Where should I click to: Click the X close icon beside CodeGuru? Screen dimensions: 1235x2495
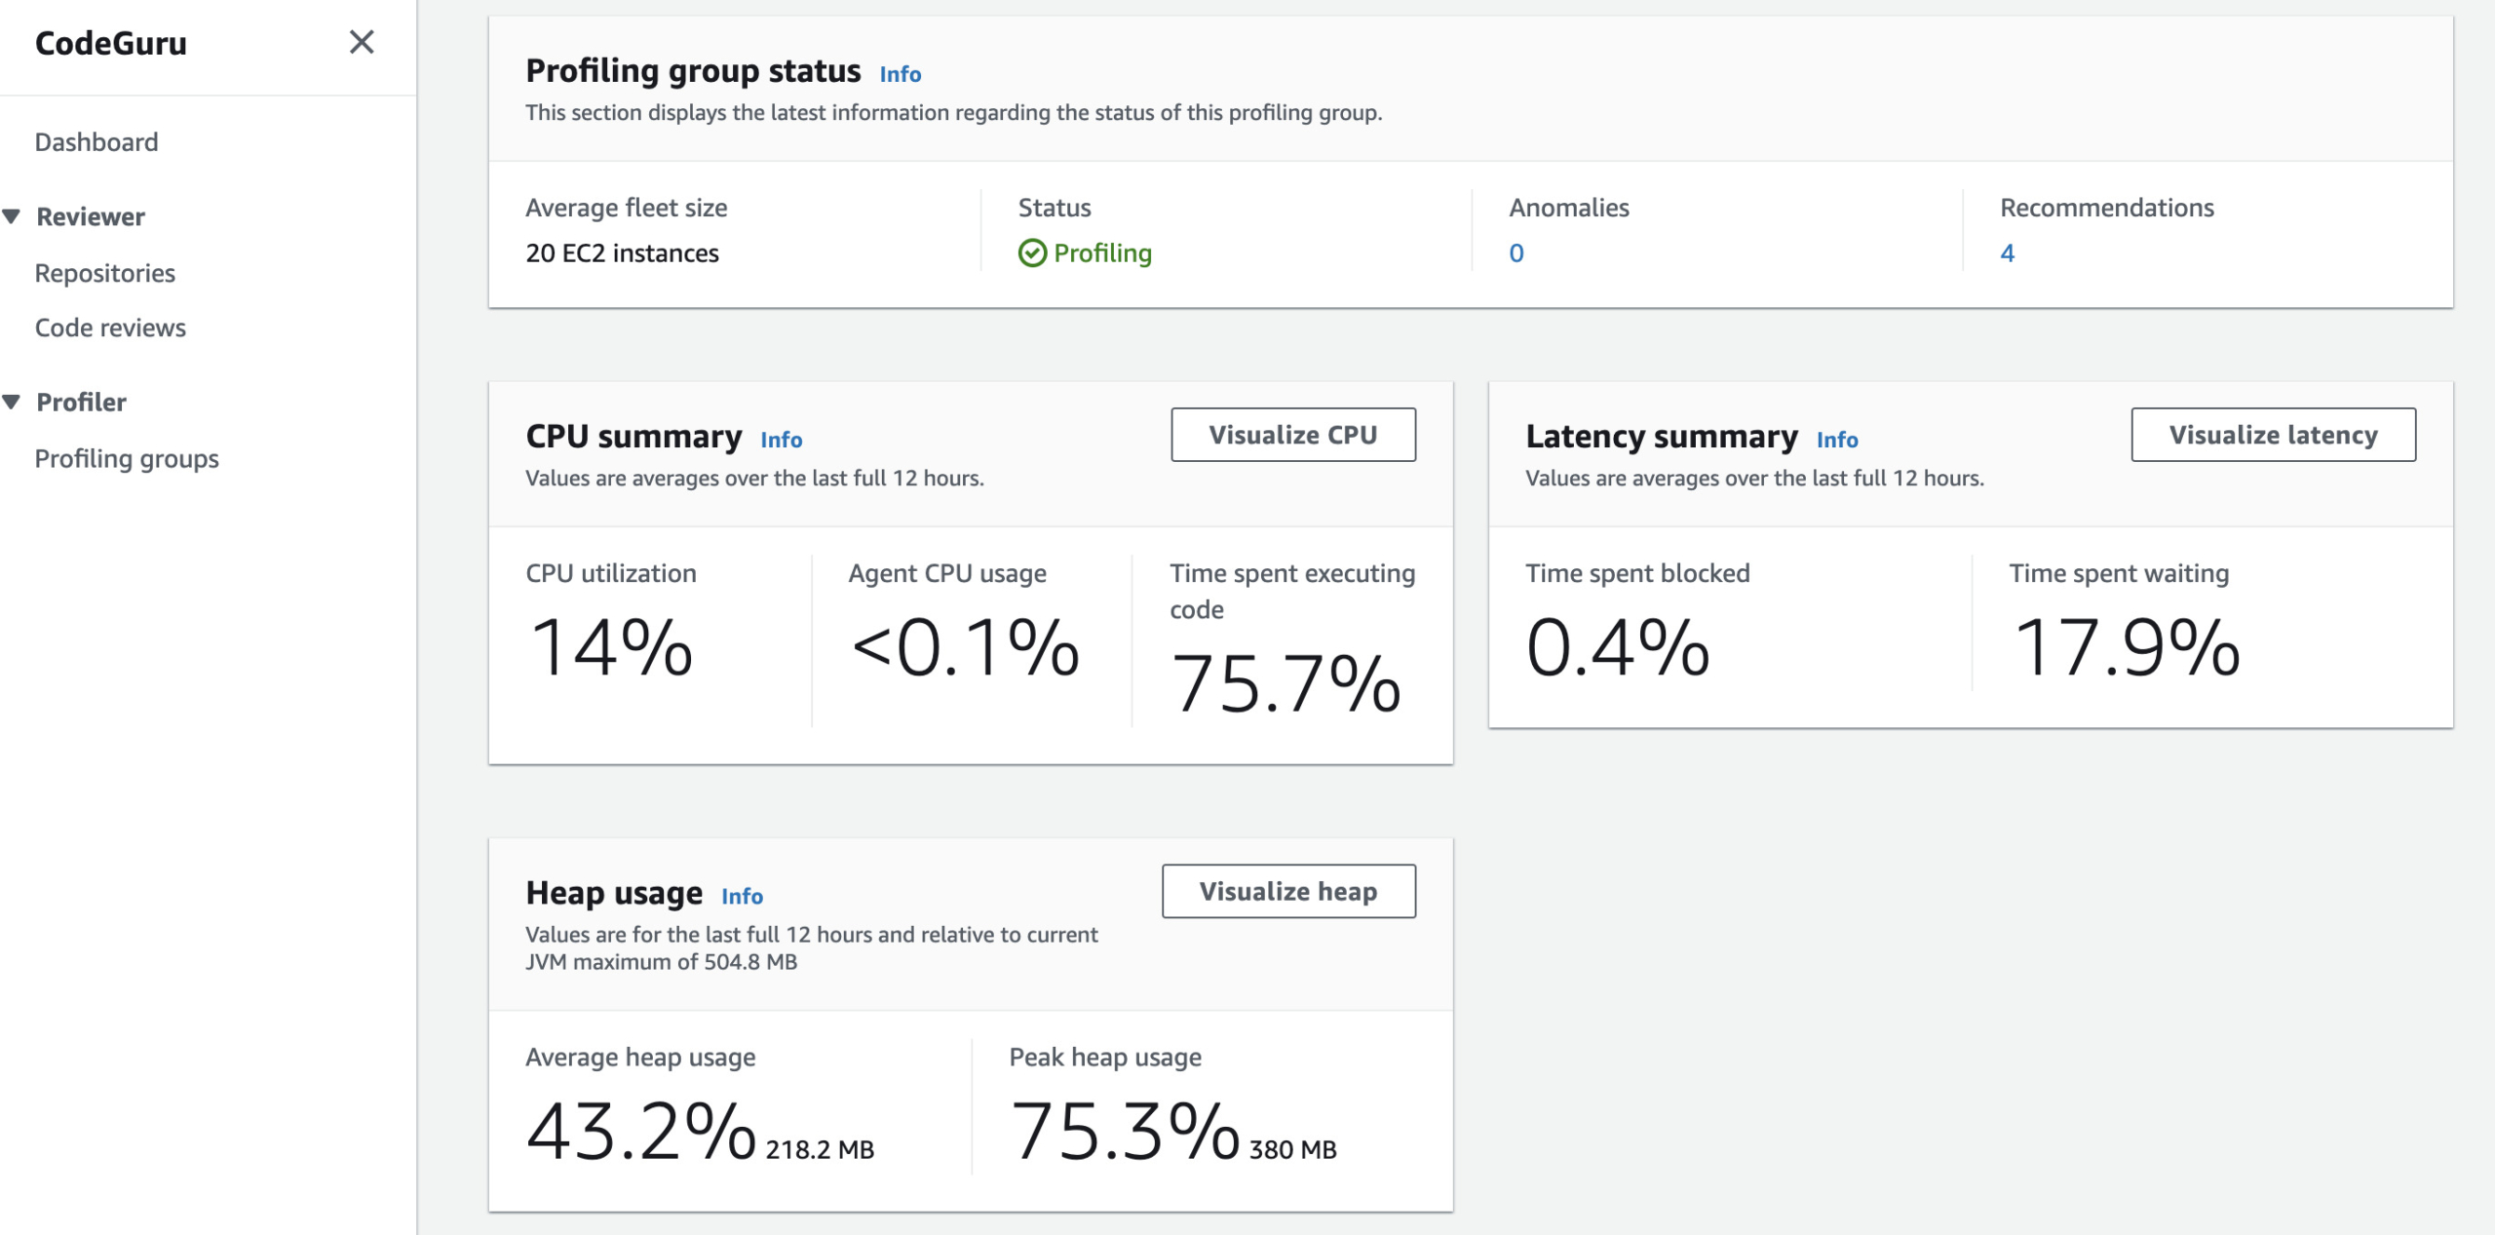click(362, 42)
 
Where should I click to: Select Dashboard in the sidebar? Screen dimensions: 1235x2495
click(96, 142)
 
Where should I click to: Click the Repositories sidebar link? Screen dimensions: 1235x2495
click(105, 273)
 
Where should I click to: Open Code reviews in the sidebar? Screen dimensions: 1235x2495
click(110, 328)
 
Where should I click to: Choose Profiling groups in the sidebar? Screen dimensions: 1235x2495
click(127, 458)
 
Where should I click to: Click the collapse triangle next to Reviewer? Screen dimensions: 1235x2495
click(12, 216)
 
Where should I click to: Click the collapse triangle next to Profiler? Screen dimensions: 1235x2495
click(12, 402)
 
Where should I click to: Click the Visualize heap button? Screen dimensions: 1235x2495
click(1287, 891)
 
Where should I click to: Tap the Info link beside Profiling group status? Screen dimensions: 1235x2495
click(900, 74)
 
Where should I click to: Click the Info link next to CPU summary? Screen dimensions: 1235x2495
click(781, 440)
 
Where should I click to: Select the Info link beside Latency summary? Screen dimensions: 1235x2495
click(1836, 440)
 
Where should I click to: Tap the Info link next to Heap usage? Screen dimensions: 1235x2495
click(742, 896)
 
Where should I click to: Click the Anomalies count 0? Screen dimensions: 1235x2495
click(1516, 253)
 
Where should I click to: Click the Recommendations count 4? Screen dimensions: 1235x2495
click(2007, 253)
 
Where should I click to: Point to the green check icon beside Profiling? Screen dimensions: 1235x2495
click(1031, 253)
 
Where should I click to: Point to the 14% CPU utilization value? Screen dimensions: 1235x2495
click(611, 647)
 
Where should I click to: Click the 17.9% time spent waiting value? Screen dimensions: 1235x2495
click(2126, 647)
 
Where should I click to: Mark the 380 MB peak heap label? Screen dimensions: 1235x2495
click(1292, 1149)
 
